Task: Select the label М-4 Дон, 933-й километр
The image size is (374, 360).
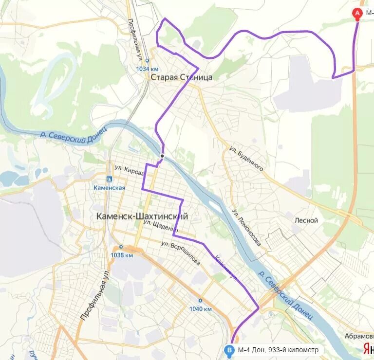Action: point(278,350)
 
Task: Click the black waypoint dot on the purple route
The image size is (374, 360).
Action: point(162,156)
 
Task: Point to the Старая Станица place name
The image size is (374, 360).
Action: point(181,77)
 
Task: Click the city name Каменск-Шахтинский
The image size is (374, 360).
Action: point(142,216)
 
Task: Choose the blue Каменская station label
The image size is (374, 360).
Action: point(110,187)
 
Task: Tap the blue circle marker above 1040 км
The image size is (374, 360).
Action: point(200,301)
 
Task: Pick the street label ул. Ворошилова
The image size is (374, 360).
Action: point(182,253)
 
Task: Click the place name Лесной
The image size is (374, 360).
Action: point(306,220)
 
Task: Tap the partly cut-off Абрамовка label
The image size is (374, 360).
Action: point(359,336)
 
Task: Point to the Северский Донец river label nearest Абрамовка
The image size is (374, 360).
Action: point(287,298)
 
